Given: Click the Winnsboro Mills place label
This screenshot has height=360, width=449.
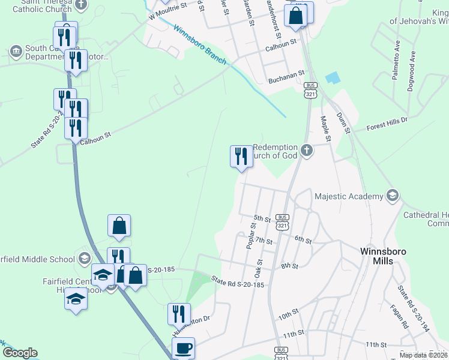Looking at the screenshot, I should click(376, 256).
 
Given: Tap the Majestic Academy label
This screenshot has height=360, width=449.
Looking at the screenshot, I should click(349, 196).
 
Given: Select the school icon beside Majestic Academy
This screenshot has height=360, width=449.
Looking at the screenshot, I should click(393, 195).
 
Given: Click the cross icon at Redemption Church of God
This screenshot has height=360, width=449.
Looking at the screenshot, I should click(307, 150).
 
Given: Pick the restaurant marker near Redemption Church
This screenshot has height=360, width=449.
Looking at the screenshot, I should click(241, 157).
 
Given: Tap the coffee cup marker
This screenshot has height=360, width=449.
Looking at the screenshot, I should click(183, 348).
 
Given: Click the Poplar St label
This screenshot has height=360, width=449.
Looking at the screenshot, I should click(251, 236).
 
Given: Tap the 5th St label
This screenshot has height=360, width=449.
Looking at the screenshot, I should click(263, 218).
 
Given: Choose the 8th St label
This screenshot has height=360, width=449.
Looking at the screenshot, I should click(289, 265).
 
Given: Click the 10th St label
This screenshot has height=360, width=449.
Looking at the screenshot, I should click(288, 314).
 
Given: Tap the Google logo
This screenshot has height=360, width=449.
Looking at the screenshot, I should click(19, 353).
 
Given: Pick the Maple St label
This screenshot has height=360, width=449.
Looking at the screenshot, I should click(325, 128).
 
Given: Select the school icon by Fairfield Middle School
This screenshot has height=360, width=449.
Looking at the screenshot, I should click(85, 259).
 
